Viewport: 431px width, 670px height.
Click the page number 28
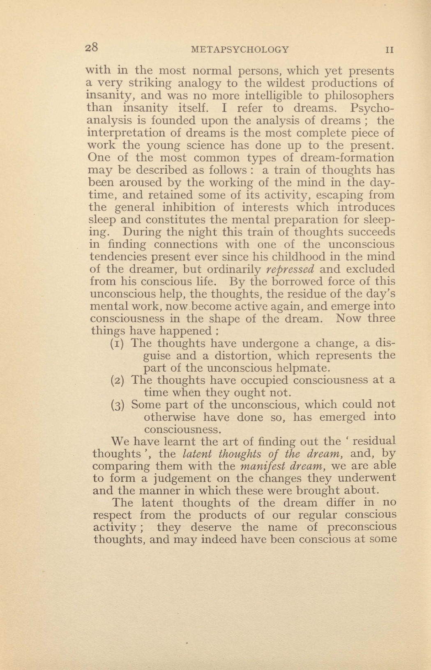(92, 48)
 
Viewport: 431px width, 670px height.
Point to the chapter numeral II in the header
(390, 50)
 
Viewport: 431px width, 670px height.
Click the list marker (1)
(118, 343)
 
